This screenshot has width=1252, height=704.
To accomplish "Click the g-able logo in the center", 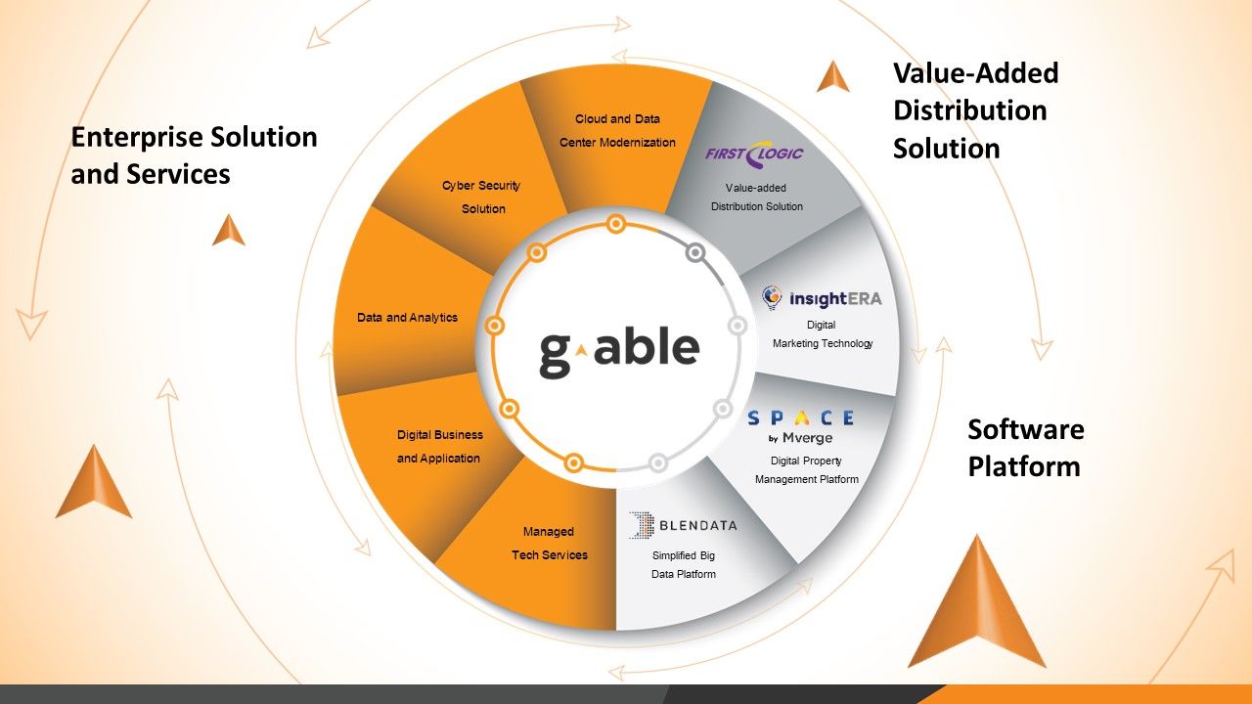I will click(619, 348).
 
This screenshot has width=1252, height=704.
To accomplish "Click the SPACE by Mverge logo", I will click(801, 426).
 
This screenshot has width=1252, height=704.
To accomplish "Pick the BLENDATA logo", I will click(683, 525).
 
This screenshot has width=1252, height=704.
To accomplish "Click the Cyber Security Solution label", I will click(482, 197).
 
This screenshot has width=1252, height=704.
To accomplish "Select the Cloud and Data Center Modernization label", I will click(617, 130).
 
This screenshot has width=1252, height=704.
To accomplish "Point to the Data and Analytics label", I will click(407, 318).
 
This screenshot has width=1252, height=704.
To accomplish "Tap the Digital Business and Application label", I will click(438, 446).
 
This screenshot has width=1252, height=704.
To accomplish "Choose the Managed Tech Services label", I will click(550, 543).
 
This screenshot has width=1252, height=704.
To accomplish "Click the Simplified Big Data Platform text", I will click(684, 564).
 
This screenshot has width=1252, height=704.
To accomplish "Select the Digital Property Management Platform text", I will click(806, 469).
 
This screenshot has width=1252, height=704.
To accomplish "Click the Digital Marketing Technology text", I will click(822, 333).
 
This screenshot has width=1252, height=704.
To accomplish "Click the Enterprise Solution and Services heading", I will click(194, 155).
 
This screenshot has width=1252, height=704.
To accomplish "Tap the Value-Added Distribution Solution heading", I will click(975, 110).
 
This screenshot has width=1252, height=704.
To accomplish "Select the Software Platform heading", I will click(1026, 448).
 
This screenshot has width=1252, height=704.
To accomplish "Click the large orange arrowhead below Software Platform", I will click(976, 606).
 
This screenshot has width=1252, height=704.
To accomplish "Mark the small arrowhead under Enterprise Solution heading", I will click(229, 230).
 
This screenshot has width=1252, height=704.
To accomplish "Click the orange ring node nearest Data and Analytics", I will click(495, 325).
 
